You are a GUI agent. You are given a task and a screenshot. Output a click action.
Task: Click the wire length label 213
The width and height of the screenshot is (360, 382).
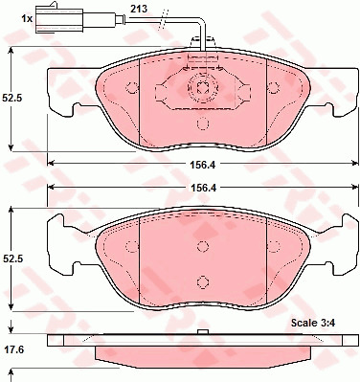tap(139, 9)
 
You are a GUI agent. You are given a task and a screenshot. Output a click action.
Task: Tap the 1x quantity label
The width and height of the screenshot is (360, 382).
tap(27, 19)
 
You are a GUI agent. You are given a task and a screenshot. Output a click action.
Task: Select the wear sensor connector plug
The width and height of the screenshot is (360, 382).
tap(59, 18)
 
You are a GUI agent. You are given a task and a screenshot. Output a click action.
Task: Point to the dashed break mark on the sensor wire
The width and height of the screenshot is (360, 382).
tap(163, 20)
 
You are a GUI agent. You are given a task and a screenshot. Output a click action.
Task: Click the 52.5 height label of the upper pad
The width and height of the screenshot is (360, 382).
tap(11, 98)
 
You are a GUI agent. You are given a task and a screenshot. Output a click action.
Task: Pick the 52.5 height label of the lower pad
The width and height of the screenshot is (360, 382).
tap(11, 259)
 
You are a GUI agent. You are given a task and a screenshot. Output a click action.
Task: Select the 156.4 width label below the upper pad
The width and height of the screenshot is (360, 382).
tap(203, 165)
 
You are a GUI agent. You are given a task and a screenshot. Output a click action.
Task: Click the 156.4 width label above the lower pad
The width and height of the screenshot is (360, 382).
tap(203, 189)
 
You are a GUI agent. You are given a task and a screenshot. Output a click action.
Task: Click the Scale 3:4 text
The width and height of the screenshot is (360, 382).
tap(313, 323)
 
